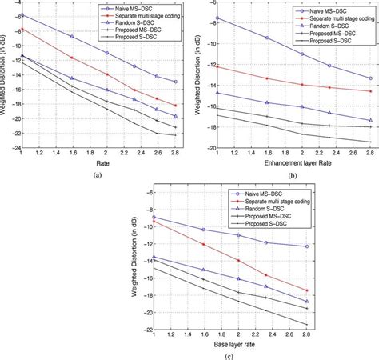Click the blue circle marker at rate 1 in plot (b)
pyautogui.click(x=217, y=18)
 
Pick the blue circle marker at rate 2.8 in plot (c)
pyautogui.click(x=307, y=246)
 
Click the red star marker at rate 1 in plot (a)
pyautogui.click(x=22, y=30)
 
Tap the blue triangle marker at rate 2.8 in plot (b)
pyautogui.click(x=370, y=121)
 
